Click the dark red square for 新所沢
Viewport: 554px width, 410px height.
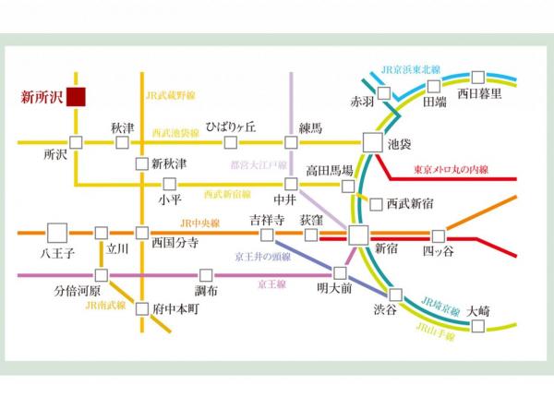tap(75, 95)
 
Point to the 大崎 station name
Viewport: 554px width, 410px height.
tap(478, 310)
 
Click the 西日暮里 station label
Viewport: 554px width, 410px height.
tap(485, 94)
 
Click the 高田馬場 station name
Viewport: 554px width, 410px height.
tap(330, 171)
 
